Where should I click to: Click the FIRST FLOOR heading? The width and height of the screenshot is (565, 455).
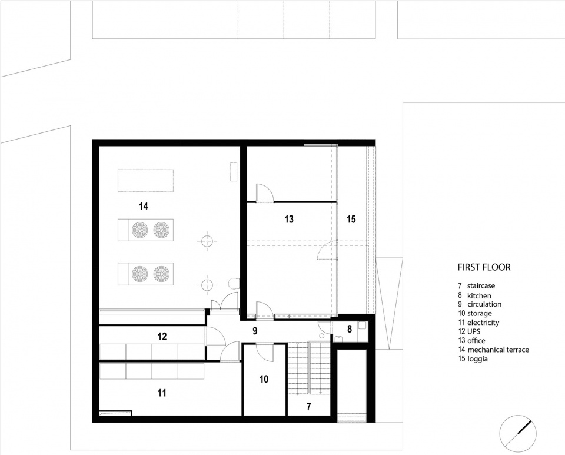tap(484, 267)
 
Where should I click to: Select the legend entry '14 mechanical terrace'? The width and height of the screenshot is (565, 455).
tap(494, 350)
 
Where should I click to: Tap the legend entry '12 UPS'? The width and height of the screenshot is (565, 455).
tap(469, 331)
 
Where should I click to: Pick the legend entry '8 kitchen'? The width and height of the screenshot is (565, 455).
tap(474, 295)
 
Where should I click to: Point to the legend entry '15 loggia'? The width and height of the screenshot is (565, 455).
tap(471, 359)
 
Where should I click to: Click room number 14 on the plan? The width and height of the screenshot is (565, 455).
tap(144, 207)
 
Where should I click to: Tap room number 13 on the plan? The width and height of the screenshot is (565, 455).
tap(289, 219)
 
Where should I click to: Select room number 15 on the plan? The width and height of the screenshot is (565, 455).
tap(351, 219)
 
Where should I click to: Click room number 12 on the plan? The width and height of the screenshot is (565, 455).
tap(162, 337)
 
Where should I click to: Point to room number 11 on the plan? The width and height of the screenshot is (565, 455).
tap(162, 393)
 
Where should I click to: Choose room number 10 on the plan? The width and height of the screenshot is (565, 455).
tap(264, 379)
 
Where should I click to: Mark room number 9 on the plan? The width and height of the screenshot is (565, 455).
tap(255, 331)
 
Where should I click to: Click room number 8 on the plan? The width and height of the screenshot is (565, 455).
tap(350, 329)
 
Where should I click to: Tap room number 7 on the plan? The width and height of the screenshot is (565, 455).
tap(309, 407)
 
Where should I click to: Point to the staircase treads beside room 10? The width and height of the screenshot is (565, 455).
tap(309, 368)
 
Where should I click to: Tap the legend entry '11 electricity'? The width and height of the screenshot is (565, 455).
tap(478, 323)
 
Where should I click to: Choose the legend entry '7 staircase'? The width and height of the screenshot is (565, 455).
tap(476, 285)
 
